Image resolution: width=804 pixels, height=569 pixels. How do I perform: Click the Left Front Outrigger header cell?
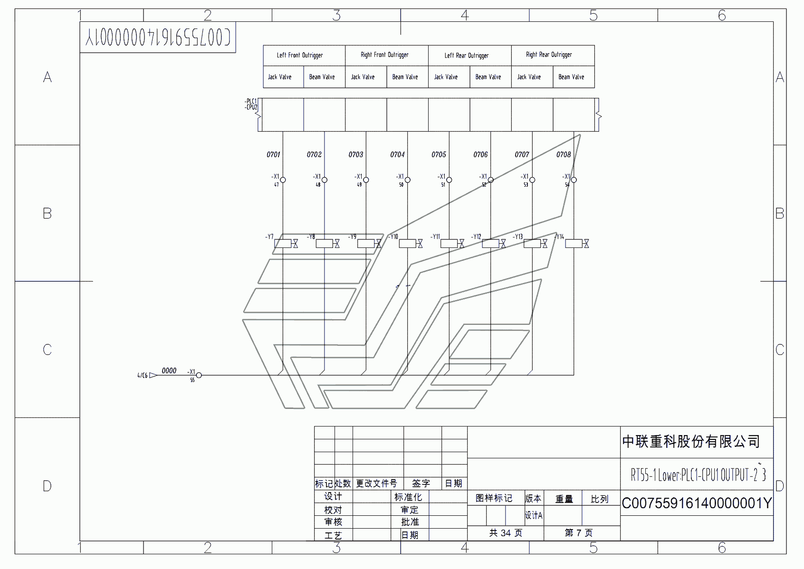300,55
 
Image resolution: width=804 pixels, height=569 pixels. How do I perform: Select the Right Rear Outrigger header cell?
549,55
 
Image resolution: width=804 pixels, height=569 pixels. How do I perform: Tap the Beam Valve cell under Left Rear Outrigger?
488,77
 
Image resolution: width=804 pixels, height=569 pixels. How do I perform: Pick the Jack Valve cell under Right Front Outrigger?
363,77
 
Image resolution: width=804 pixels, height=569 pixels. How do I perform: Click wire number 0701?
273,154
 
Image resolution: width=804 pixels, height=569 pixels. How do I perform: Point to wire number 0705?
439,154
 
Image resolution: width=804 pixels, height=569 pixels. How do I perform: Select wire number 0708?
564,154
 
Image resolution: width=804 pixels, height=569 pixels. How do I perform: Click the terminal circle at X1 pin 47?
283,180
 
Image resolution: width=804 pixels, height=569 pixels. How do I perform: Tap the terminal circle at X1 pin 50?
407,180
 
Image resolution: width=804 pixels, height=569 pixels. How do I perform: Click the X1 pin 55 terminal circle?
199,375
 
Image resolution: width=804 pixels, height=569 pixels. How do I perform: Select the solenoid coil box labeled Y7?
283,244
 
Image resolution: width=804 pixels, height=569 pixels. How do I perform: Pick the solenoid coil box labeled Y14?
574,244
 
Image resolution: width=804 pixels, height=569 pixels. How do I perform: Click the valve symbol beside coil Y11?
461,244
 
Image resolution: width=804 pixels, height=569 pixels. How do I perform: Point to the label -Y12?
476,237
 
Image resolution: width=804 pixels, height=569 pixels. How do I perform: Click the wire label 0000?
169,370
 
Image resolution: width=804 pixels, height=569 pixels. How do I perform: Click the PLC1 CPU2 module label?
251,104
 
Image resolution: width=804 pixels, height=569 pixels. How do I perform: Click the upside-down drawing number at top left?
158,37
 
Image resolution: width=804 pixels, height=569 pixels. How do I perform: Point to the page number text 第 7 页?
578,533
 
